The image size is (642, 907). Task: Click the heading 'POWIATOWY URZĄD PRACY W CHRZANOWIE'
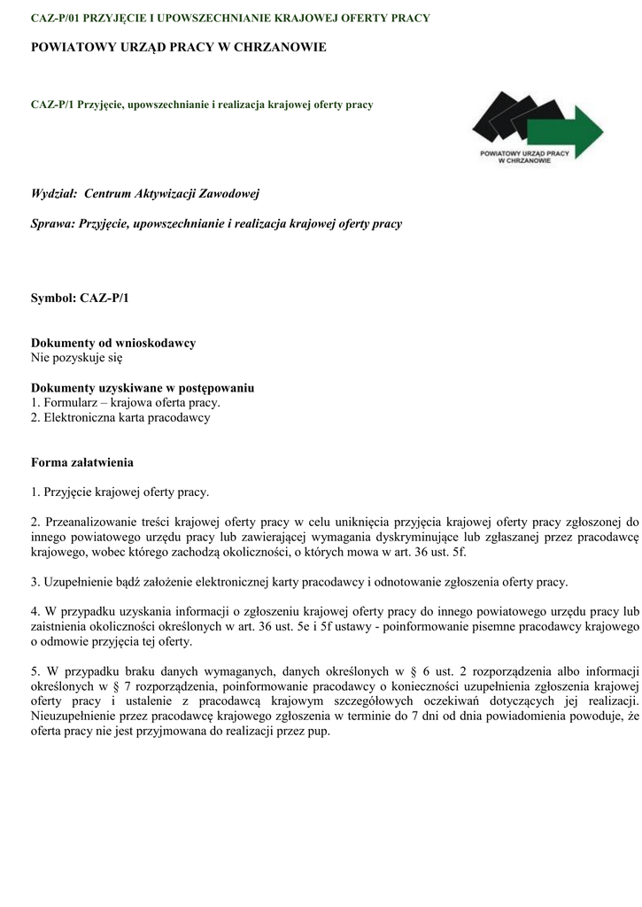(179, 47)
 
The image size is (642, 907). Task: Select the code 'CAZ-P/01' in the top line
(55, 18)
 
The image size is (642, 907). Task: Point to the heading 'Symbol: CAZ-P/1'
(80, 298)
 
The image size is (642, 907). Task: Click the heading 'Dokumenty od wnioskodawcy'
(113, 343)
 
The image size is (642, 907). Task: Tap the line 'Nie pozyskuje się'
(77, 358)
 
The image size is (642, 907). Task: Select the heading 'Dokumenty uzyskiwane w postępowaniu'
(143, 388)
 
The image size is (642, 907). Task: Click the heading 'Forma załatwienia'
(82, 462)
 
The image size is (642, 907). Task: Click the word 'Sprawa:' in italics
(53, 224)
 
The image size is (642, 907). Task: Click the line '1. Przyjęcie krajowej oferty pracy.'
(120, 492)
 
